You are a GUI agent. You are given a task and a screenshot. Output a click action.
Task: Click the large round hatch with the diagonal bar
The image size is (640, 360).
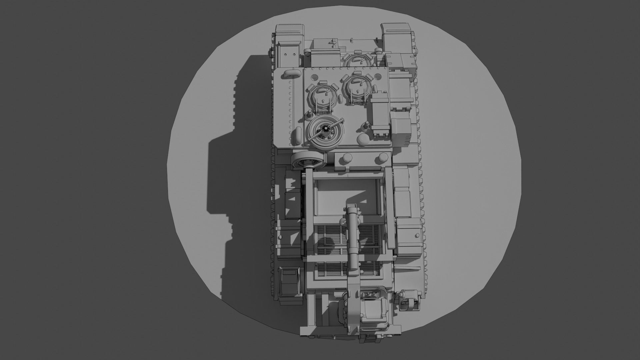[325, 132]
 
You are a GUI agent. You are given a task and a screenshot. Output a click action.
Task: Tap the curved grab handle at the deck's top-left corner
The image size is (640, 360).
[291, 74]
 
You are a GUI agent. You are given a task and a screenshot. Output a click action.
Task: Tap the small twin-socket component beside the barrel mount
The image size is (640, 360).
[370, 295]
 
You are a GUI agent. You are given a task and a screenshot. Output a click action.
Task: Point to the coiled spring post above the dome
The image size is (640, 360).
[367, 126]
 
